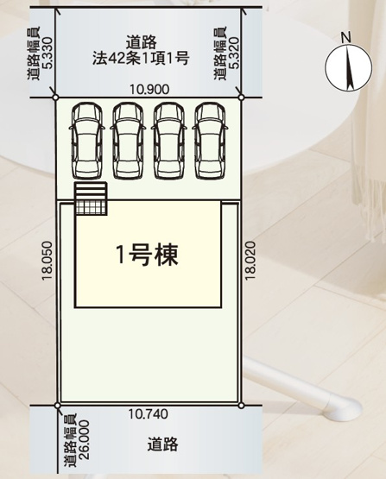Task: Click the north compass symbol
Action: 345,68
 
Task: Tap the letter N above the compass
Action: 345,37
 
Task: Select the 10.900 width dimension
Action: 149,89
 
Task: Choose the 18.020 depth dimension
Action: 250,259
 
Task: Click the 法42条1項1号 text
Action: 142,59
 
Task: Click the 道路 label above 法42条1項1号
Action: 141,41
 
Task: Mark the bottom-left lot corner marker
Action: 58,403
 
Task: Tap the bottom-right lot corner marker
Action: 239,403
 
